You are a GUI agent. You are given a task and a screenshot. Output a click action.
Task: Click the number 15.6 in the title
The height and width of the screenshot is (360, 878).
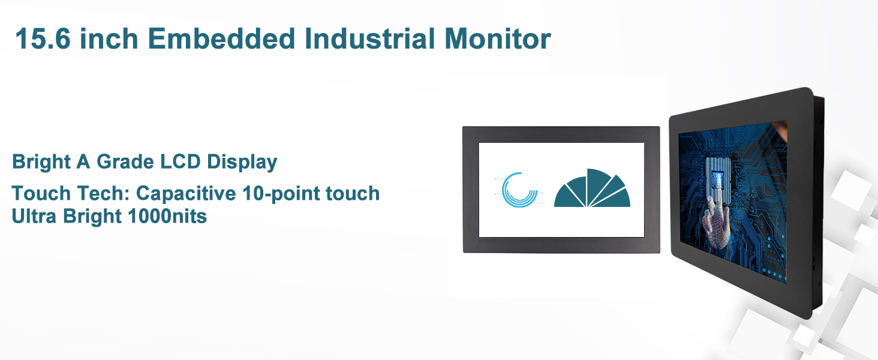point(43,38)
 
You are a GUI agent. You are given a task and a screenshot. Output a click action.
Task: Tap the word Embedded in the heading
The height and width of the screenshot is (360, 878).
point(221,38)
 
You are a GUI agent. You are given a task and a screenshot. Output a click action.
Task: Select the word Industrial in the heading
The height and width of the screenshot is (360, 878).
point(369,38)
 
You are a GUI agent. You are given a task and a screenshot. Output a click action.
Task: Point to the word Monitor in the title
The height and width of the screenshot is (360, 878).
point(498,38)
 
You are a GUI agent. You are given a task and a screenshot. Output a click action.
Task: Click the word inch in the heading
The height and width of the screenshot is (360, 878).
point(109,38)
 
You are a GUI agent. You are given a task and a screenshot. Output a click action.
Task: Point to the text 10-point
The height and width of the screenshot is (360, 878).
point(281,194)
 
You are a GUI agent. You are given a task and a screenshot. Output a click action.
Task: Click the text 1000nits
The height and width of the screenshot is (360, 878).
point(167,216)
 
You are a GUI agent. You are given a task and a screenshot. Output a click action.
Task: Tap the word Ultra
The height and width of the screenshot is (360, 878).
point(34,216)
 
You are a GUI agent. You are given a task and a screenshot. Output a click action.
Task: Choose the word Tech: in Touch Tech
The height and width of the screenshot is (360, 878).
point(104,193)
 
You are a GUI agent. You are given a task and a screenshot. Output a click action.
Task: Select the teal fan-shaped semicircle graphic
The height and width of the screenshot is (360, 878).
point(592,188)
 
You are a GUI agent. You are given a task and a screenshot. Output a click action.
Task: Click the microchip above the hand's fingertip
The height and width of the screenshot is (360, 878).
point(718,180)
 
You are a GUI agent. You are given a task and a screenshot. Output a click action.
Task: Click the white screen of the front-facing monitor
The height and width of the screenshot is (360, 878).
point(561,190)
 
